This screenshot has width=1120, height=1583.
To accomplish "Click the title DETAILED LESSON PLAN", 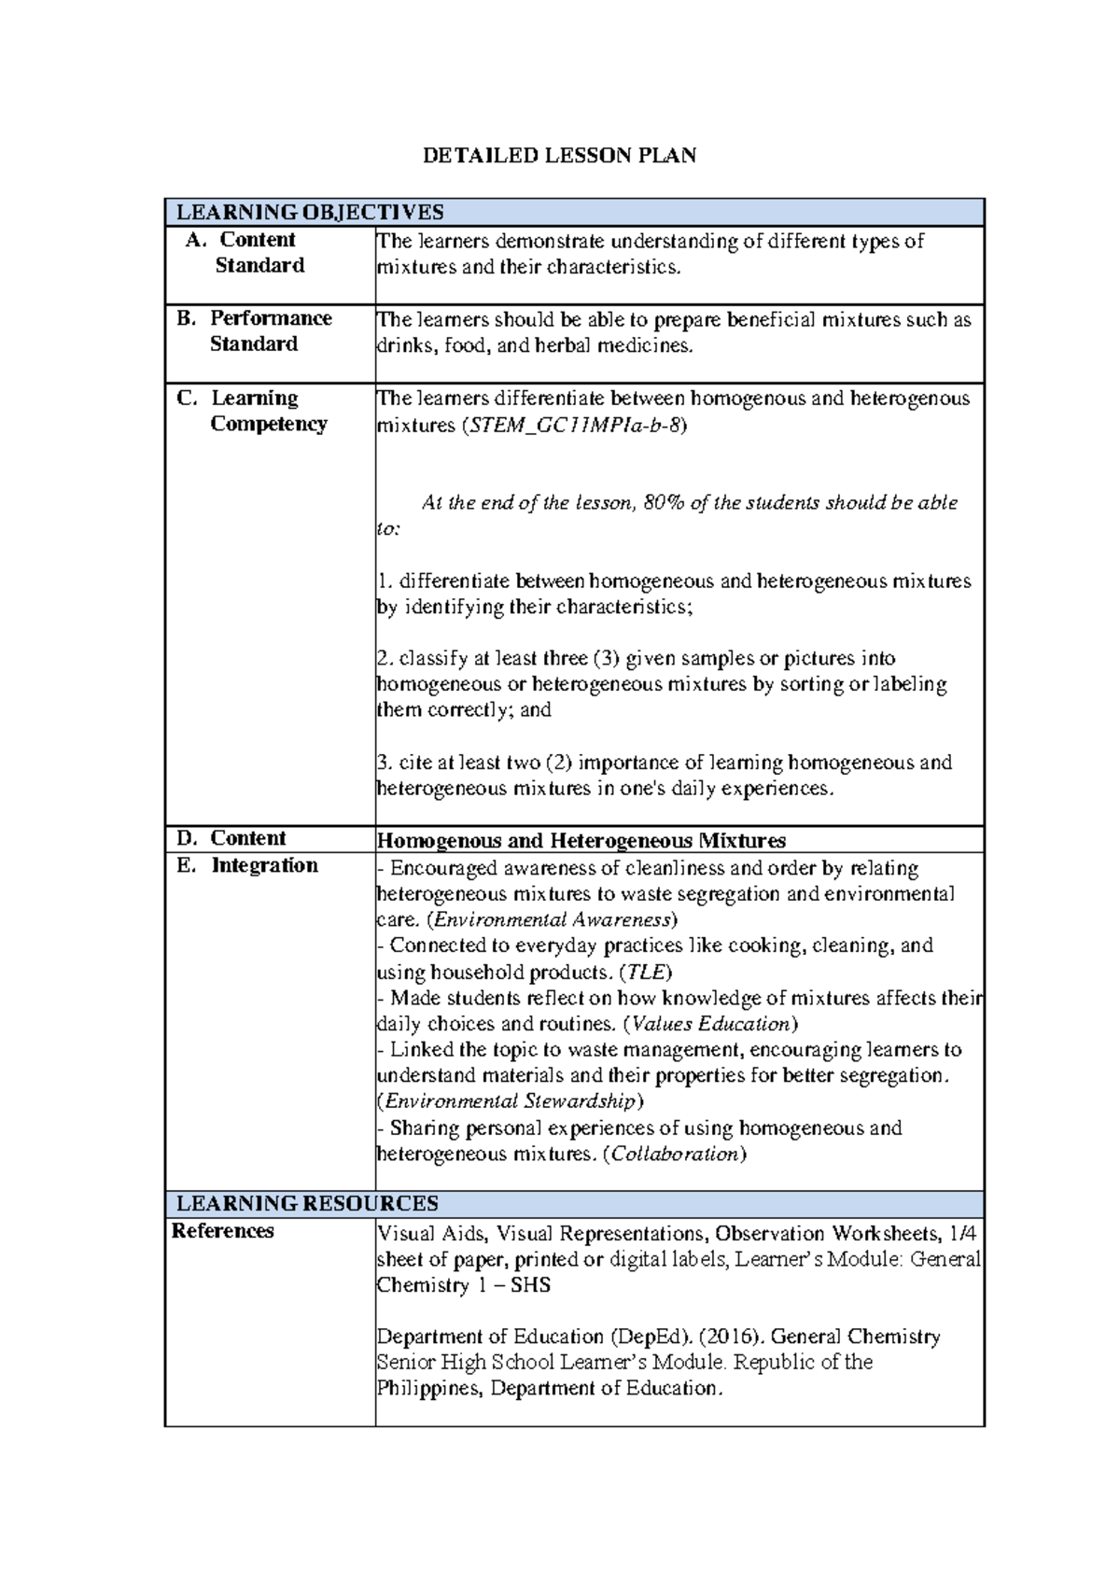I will point(559,156).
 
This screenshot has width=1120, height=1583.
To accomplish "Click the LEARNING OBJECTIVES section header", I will point(310,213).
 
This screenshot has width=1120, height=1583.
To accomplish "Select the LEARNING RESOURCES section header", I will point(307,1203).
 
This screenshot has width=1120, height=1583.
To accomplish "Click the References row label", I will point(223,1231).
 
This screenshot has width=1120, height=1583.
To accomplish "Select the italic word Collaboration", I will point(674,1155).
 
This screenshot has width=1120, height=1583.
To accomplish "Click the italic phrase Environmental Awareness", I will point(550,919).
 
